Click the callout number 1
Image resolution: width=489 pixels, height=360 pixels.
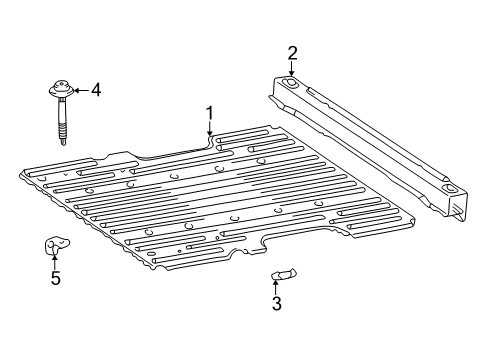210,112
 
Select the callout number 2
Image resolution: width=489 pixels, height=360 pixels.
292,52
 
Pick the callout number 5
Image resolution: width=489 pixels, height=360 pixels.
55,279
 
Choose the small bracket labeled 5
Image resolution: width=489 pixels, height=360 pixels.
56,245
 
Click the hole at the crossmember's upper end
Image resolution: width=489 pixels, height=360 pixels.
290,85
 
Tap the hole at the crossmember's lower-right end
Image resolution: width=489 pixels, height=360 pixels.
448,189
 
